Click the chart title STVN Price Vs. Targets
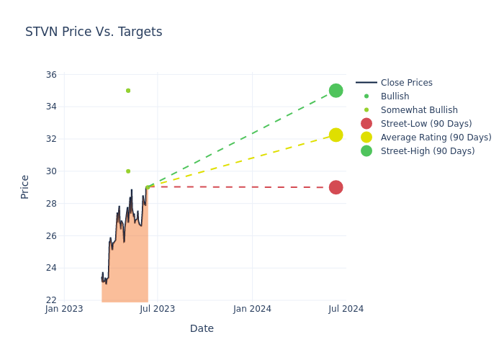[x=94, y=32]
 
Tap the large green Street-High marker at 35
[x=336, y=91]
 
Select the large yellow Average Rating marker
[x=336, y=135]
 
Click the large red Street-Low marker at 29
[x=336, y=187]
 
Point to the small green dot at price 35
[x=128, y=91]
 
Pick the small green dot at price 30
[x=128, y=171]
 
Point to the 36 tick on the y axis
[x=51, y=75]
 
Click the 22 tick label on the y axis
[x=51, y=300]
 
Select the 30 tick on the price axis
[x=51, y=171]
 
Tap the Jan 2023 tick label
[x=64, y=309]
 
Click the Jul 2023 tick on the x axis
[x=158, y=309]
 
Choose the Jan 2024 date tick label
[x=253, y=309]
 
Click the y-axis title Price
[x=25, y=186]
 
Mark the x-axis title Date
[x=202, y=329]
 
